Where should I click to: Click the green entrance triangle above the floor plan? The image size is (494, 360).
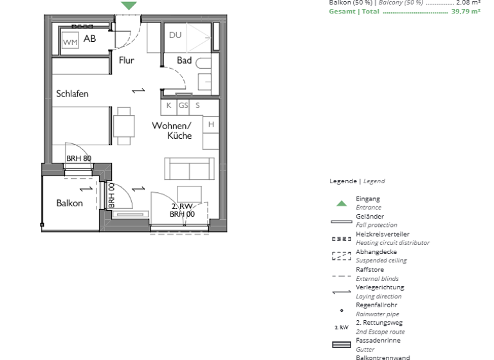[x=129, y=5]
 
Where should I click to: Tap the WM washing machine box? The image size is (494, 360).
[x=69, y=42]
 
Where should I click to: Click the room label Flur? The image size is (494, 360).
[x=126, y=60]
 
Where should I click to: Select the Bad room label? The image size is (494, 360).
[x=184, y=60]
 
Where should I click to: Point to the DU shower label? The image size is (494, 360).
[x=175, y=35]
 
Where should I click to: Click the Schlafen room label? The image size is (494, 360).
[x=72, y=94]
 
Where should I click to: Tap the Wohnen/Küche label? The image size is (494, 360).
[x=172, y=130]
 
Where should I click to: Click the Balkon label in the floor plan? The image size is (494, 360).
[x=69, y=203]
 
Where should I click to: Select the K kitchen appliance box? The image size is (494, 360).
[x=169, y=105]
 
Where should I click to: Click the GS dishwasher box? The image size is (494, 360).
[x=183, y=105]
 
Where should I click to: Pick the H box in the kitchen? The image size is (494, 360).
[x=211, y=124]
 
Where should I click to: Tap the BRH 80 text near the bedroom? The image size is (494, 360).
[x=78, y=159]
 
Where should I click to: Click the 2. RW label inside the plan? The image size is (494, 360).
[x=182, y=206]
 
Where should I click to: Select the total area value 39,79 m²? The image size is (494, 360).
[x=466, y=12]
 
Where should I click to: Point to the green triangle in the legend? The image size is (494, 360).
[x=342, y=204]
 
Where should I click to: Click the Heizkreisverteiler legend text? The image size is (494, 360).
[x=382, y=235]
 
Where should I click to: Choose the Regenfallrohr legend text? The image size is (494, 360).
[x=376, y=305]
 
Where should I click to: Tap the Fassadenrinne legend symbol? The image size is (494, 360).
[x=342, y=345]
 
